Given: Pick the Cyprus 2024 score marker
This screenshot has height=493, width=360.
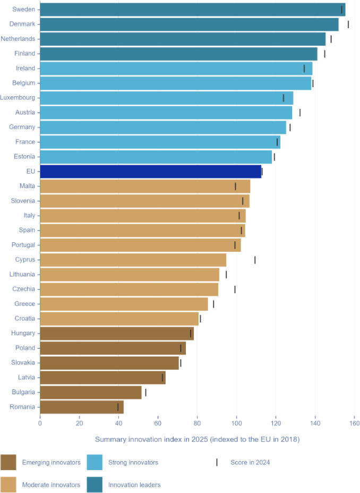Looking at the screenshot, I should click(x=255, y=260).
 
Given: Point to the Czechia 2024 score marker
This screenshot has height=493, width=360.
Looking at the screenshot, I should click(x=235, y=289).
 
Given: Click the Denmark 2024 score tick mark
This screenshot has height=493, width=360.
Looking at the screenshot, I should click(x=348, y=24).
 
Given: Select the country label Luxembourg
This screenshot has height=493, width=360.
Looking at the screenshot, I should click(x=18, y=98).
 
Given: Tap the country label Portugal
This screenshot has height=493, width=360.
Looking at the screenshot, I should click(x=23, y=245).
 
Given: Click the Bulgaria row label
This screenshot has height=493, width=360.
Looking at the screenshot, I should click(x=23, y=392).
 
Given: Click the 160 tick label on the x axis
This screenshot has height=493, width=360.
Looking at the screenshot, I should click(x=354, y=423).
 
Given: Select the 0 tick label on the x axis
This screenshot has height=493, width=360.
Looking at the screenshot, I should click(x=40, y=423).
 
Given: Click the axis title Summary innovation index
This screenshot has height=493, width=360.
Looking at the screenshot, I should click(x=197, y=439).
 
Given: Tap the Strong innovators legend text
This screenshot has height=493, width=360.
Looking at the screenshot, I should click(x=133, y=462).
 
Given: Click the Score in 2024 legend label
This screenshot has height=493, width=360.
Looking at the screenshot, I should click(x=250, y=462).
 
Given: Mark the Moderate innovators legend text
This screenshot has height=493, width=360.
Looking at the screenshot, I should click(x=51, y=484).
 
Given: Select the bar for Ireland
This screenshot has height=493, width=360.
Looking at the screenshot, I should click(x=176, y=69).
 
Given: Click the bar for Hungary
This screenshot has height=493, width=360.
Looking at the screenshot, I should click(x=116, y=333).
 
